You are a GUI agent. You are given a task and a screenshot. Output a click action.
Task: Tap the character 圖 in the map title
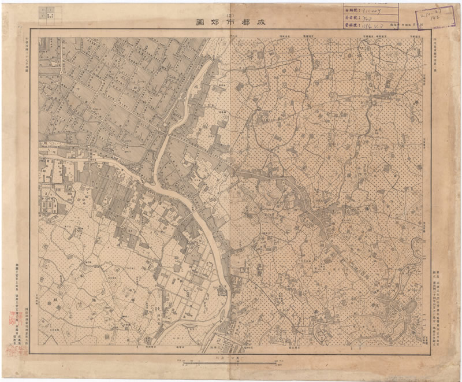click(x=201, y=22)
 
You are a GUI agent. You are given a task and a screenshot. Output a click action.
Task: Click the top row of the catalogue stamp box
click(x=370, y=10)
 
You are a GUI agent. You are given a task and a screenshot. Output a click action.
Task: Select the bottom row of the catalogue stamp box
click(x=370, y=26)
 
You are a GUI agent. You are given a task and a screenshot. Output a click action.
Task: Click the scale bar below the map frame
click(x=231, y=362)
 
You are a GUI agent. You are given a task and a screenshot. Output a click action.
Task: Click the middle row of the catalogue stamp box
click(x=370, y=18)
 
